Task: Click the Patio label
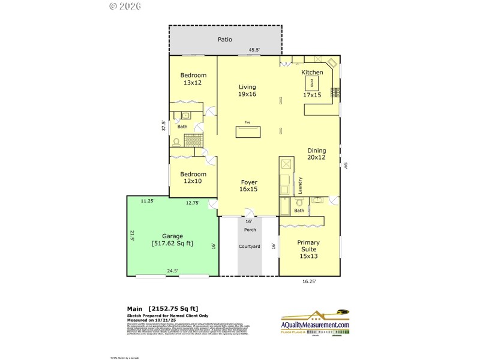(225, 40)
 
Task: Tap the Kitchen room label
(312, 73)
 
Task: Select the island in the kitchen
(312, 84)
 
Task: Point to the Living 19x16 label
(247, 91)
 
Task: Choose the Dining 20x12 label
(316, 154)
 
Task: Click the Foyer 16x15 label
(249, 185)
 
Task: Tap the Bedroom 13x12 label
(193, 79)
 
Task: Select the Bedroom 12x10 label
(193, 178)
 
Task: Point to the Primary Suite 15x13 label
(309, 249)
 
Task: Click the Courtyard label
(249, 246)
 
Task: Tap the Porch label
(249, 230)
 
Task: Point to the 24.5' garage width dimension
(172, 271)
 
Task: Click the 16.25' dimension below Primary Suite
(308, 280)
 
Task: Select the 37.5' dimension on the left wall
(163, 127)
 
